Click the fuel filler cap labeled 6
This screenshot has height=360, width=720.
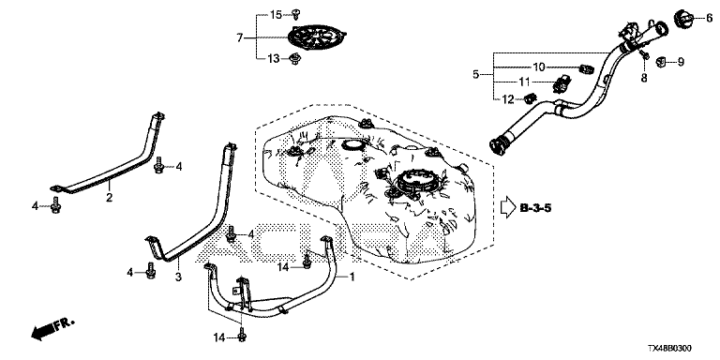click(684, 19)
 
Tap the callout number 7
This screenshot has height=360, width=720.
click(239, 37)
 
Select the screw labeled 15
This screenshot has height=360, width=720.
click(296, 14)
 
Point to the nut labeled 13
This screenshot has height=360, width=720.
click(295, 59)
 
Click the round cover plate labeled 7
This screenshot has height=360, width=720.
click(317, 36)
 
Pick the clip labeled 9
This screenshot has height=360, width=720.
click(661, 61)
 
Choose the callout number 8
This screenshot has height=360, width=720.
click(644, 79)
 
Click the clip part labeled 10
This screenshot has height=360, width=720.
click(586, 68)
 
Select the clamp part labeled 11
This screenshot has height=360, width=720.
click(562, 83)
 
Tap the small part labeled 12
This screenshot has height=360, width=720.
click(531, 98)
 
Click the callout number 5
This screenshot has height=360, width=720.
click(475, 73)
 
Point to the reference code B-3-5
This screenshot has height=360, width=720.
click(536, 208)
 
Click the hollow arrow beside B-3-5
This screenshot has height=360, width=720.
click(508, 207)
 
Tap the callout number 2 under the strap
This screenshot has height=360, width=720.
click(110, 198)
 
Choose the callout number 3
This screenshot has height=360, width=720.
click(178, 277)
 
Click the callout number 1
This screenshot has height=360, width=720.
click(352, 277)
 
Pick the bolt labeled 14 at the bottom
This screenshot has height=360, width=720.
click(242, 336)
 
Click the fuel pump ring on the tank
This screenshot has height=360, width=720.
click(414, 181)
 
